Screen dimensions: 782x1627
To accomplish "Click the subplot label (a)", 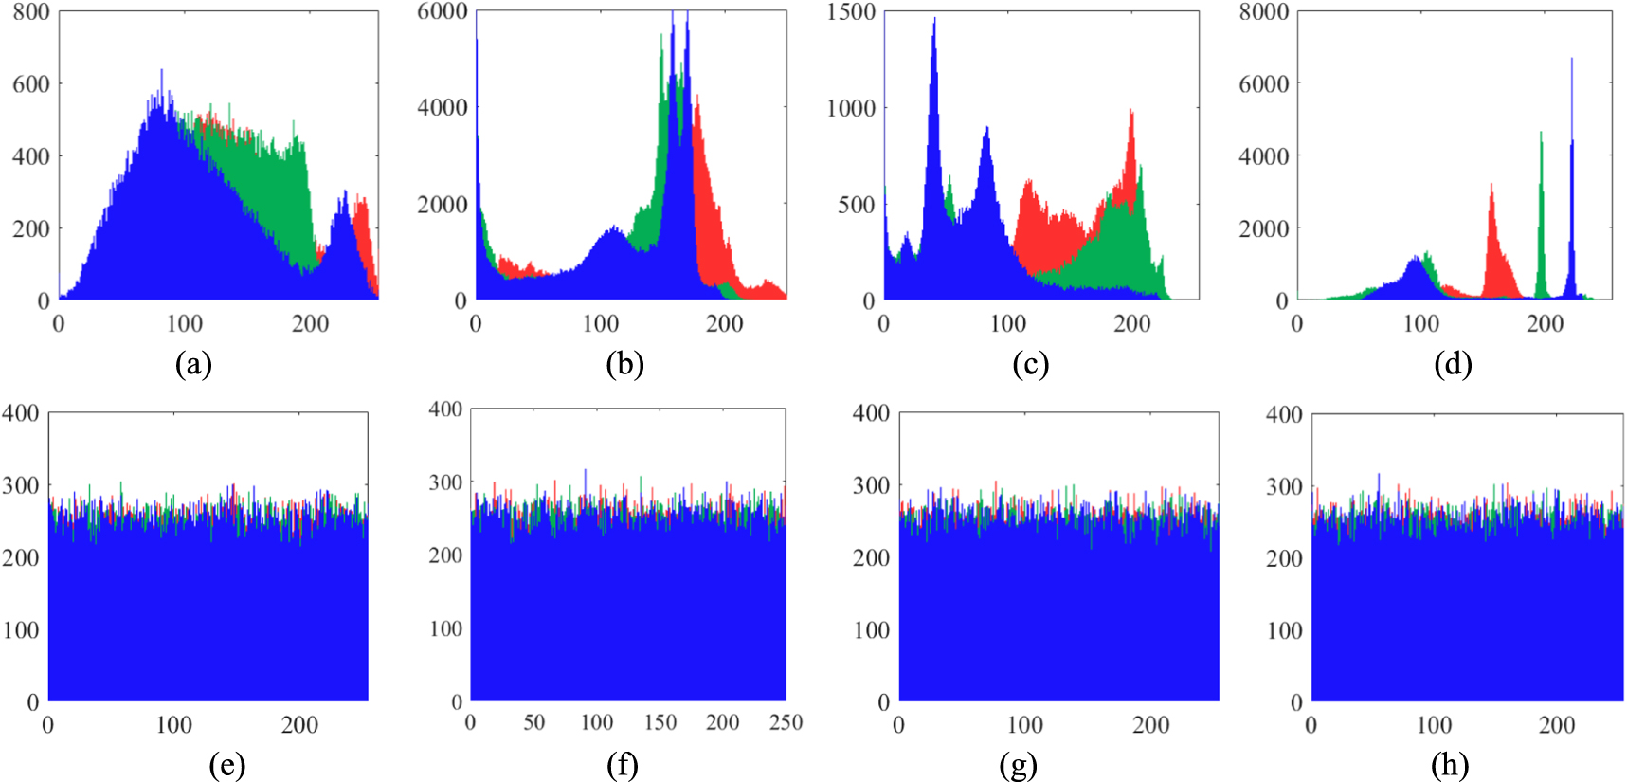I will pyautogui.click(x=193, y=364).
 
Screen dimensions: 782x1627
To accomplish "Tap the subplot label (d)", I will pyautogui.click(x=1452, y=364).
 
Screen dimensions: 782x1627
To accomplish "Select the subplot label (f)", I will pyautogui.click(x=623, y=765).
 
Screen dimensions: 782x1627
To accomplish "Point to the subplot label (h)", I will pyautogui.click(x=1450, y=765).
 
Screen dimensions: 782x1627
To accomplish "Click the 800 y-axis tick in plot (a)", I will pyautogui.click(x=31, y=12).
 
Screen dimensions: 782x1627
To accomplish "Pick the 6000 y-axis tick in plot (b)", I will pyautogui.click(x=443, y=11).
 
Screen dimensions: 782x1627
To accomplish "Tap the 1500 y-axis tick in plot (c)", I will pyautogui.click(x=851, y=12).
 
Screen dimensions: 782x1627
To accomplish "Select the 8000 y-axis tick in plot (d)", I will pyautogui.click(x=1264, y=12).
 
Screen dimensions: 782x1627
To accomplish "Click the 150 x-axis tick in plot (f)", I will pyautogui.click(x=660, y=723).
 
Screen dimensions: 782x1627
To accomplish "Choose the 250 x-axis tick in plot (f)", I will pyautogui.click(x=786, y=723).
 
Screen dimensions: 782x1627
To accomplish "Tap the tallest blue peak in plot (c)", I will pyautogui.click(x=934, y=20).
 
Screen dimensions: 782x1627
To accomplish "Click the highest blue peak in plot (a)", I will pyautogui.click(x=161, y=72).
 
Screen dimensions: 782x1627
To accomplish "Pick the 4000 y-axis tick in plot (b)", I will pyautogui.click(x=443, y=108).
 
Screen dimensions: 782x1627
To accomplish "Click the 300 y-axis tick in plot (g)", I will pyautogui.click(x=871, y=486).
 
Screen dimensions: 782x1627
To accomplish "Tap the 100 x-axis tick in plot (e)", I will pyautogui.click(x=173, y=726).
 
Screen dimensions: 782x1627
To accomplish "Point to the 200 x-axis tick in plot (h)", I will pyautogui.click(x=1557, y=726).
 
